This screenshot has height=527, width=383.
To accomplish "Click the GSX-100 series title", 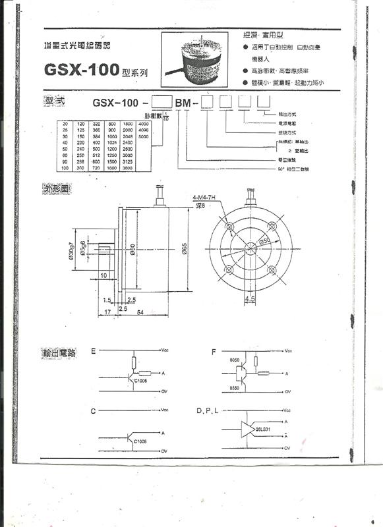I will coord(92,69).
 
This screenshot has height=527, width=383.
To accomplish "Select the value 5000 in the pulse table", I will coord(144,136).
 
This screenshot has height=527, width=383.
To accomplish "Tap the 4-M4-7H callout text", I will coord(204,197).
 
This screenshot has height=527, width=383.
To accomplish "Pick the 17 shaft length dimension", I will coord(108,312).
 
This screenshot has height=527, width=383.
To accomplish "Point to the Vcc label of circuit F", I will coord(287,351).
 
